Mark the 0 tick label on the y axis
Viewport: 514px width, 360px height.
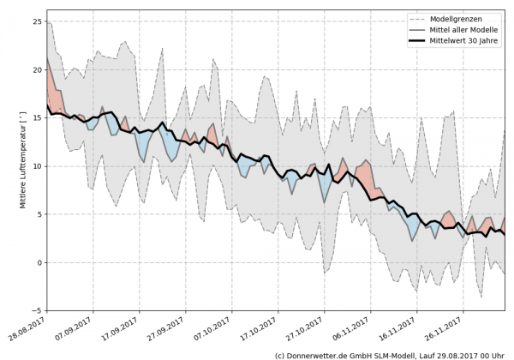click(39, 262)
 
